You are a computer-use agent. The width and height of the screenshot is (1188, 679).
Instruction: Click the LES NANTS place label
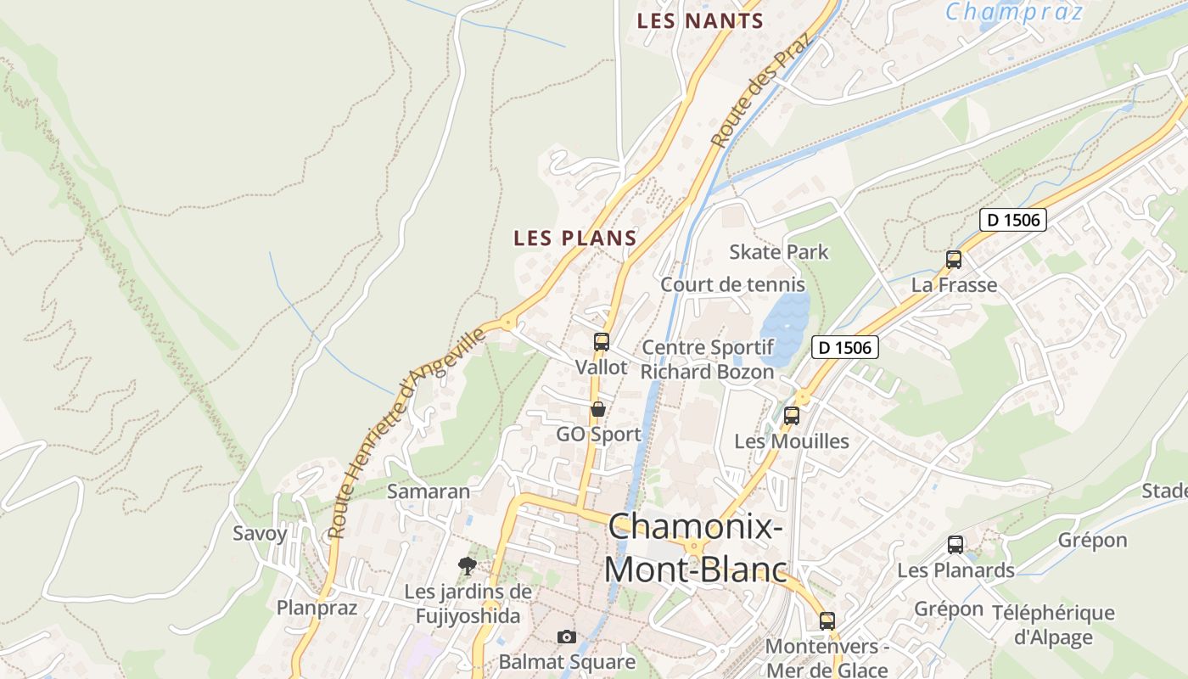(700, 21)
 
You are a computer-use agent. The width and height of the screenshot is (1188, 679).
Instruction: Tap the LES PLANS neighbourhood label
(574, 238)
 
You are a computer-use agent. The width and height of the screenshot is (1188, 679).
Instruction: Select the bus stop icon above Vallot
(602, 342)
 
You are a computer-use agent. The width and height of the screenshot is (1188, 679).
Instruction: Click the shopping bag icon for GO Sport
(598, 410)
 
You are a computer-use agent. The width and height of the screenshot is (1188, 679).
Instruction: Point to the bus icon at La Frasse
(954, 260)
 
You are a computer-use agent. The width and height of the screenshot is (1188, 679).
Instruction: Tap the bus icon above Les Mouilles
(792, 416)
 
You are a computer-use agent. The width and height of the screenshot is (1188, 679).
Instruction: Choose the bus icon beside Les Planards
(955, 545)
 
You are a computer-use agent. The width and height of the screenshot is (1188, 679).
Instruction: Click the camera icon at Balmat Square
(566, 637)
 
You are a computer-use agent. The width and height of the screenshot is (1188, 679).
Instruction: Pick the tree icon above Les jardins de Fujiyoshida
(467, 565)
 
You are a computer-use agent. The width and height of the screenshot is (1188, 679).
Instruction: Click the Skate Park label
(779, 252)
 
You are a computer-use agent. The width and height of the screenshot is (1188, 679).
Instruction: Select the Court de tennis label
(732, 284)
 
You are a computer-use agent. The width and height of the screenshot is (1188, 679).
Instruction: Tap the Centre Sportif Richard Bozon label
(708, 360)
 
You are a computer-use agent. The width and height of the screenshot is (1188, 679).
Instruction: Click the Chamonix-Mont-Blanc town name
(696, 547)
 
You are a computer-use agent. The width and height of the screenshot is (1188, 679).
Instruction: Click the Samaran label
(429, 491)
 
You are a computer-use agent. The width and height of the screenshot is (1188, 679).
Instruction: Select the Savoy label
(260, 534)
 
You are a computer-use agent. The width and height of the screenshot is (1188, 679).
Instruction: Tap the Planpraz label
(317, 608)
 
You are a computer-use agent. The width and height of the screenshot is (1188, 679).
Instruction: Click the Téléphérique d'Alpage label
(1053, 625)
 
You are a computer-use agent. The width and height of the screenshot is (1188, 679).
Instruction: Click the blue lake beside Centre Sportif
(785, 327)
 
